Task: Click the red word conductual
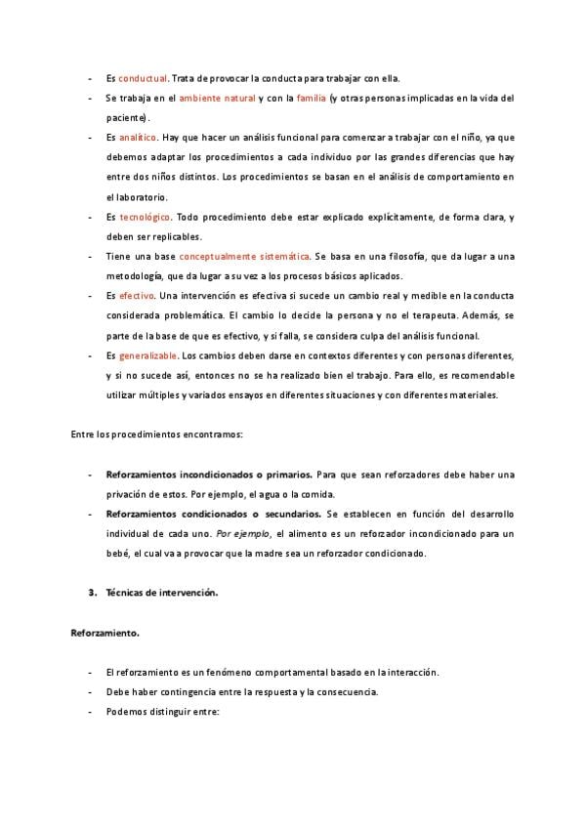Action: (143, 78)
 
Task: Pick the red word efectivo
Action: (137, 296)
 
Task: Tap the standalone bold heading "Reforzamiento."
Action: (105, 633)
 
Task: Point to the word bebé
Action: (118, 553)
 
